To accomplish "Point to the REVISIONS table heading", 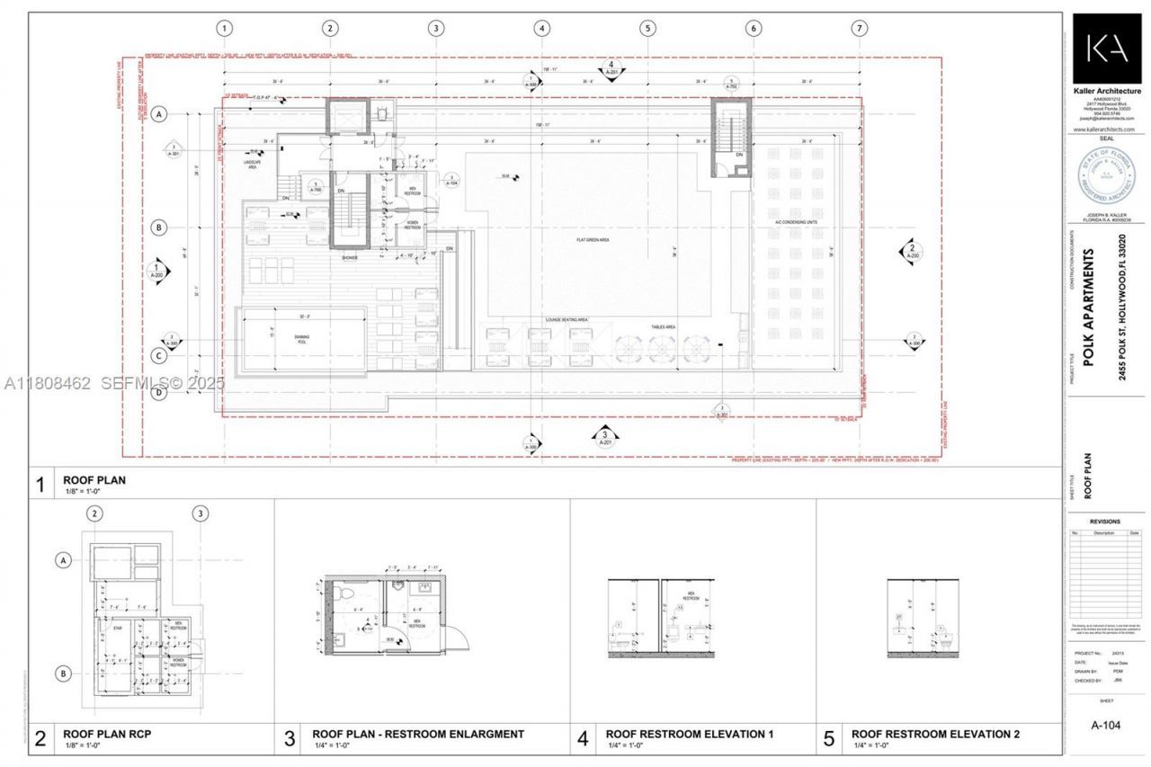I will [1105, 521].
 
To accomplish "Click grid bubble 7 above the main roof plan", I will [860, 28].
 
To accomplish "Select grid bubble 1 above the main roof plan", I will [225, 28].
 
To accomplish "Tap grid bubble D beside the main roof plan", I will [159, 392].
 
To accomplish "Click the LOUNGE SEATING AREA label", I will [566, 319].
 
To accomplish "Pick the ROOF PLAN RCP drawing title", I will [106, 734].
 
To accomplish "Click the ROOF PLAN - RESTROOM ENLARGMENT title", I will [417, 734].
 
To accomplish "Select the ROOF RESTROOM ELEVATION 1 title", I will [689, 734].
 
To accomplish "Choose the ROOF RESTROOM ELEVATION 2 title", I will [935, 734].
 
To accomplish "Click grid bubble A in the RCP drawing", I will [64, 560].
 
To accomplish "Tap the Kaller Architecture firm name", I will [1107, 91].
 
